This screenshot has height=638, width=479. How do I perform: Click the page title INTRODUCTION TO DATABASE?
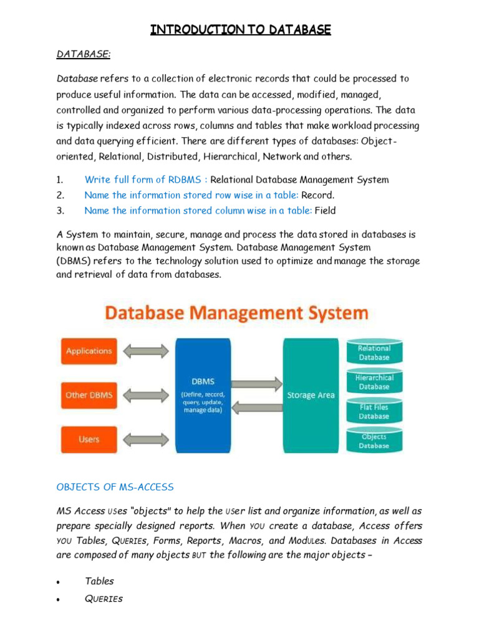coord(240,29)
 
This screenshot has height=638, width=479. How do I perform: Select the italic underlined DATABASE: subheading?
coord(83,55)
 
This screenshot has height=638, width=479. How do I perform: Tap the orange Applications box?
coord(89,351)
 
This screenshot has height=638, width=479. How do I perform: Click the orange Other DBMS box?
coord(89,396)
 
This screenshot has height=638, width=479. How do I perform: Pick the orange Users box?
coord(89,440)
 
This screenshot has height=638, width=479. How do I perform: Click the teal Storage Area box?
coord(310,396)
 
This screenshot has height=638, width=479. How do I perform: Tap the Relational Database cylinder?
coord(374,353)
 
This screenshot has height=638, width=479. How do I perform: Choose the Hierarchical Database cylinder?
coord(374,382)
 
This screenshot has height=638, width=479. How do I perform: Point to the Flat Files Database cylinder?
coord(374,411)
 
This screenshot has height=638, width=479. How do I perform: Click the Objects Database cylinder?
coord(374,440)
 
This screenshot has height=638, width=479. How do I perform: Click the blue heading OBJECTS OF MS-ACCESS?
coord(115,487)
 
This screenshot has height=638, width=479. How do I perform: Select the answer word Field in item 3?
coord(325,211)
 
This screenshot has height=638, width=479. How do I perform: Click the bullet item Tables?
coord(99,581)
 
